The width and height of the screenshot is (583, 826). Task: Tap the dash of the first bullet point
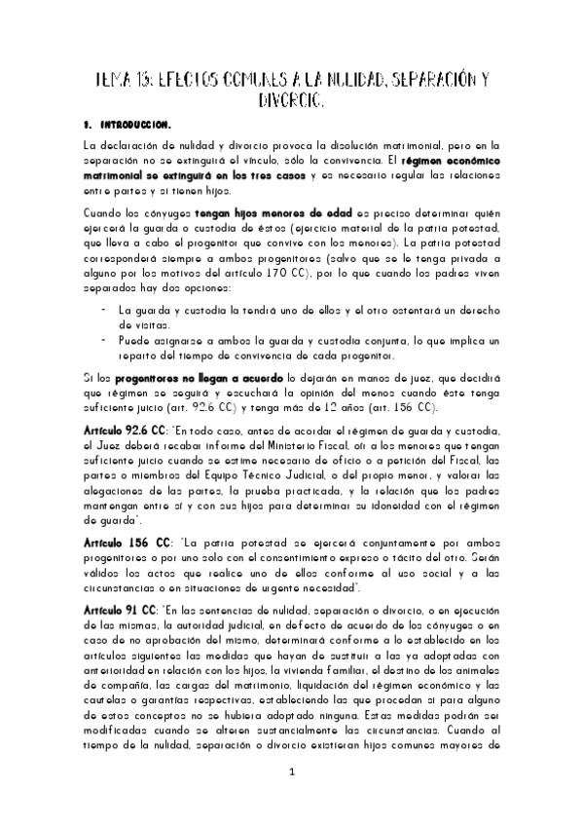click(x=103, y=309)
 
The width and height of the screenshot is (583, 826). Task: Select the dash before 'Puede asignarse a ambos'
click(x=103, y=340)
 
